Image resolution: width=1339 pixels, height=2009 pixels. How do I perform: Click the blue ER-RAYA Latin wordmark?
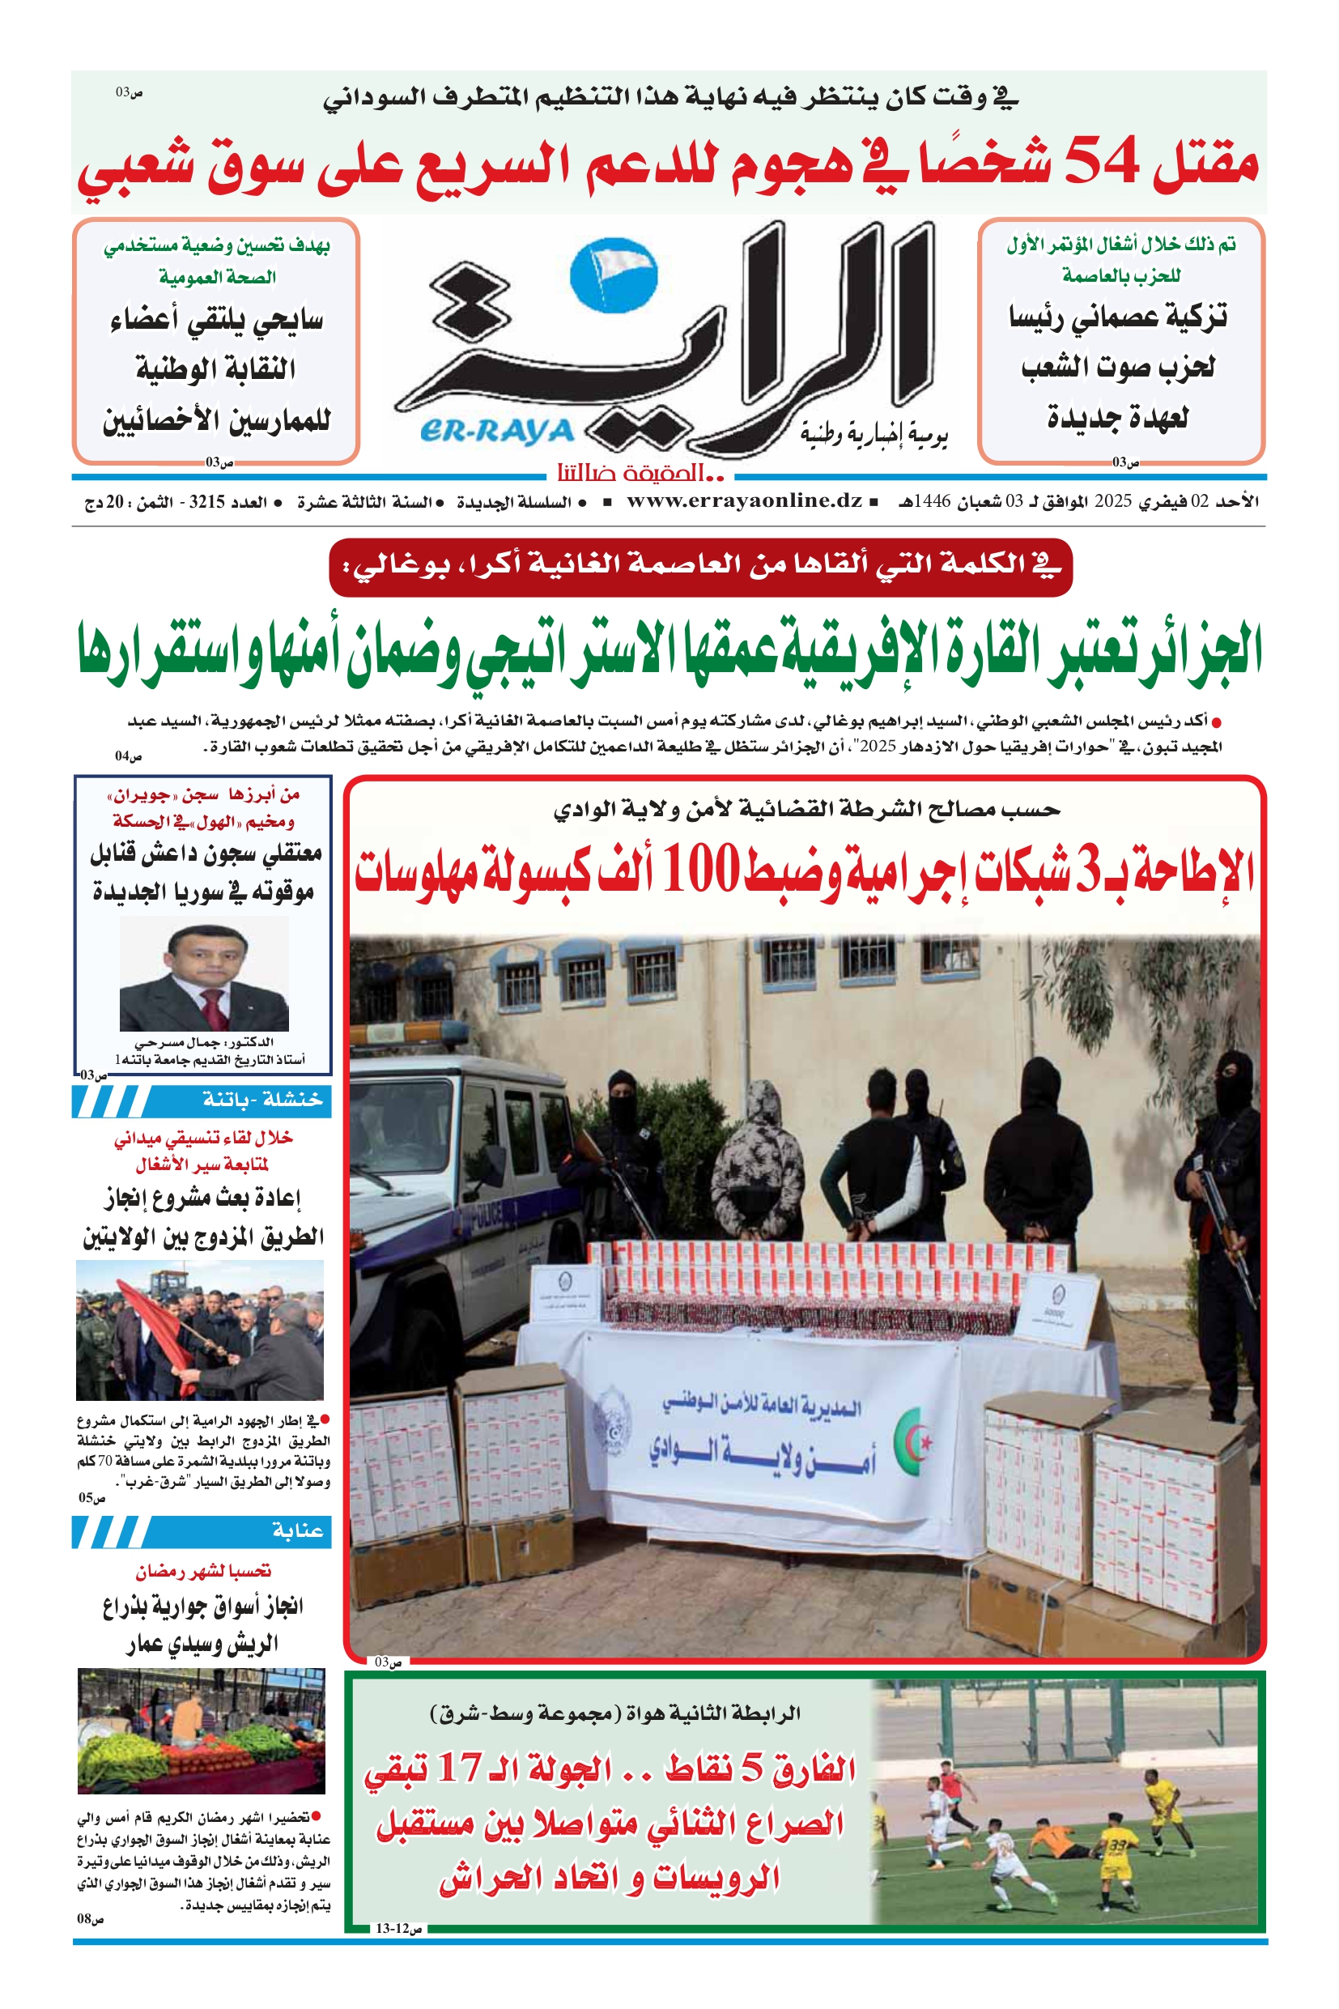coord(497,432)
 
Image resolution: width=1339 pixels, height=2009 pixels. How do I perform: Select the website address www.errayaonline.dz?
coord(744,501)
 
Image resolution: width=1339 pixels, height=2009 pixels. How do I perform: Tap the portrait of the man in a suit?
coord(204,976)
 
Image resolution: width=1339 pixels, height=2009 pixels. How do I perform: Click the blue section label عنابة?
coord(297,1530)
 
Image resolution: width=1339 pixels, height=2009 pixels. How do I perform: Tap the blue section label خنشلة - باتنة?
coord(262,1100)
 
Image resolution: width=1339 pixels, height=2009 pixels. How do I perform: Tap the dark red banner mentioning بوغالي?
coord(700,565)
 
